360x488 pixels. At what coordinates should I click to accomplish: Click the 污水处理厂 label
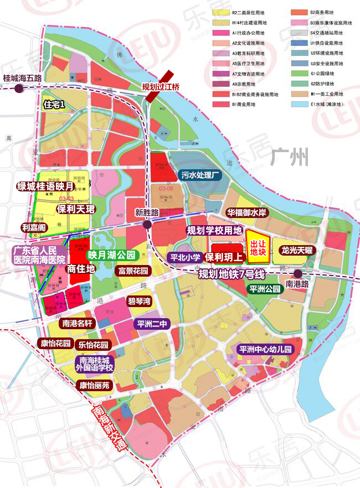[201, 175]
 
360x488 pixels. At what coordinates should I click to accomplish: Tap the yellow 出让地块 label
[259, 247]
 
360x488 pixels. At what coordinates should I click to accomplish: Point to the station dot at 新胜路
[147, 225]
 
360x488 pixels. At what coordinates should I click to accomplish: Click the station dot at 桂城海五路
[19, 88]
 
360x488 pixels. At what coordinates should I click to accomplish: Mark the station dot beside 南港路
[298, 273]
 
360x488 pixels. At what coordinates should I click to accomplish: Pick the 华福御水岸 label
[246, 212]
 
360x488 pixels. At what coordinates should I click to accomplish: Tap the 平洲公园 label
[266, 288]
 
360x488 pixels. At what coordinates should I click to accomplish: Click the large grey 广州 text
[290, 158]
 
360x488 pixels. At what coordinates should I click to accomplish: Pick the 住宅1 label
[54, 104]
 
